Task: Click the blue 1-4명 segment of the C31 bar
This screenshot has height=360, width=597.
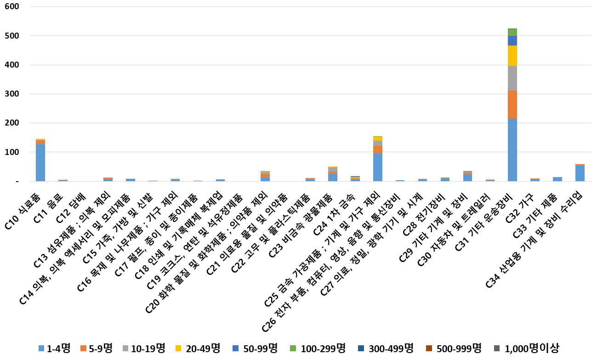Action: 512,149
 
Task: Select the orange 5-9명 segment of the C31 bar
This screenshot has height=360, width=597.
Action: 512,104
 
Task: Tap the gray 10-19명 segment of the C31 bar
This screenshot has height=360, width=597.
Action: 512,78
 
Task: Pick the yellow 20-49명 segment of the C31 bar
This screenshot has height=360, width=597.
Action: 512,56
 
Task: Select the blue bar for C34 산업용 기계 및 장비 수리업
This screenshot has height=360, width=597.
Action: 580,173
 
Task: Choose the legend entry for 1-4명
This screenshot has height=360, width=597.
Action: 54,349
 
